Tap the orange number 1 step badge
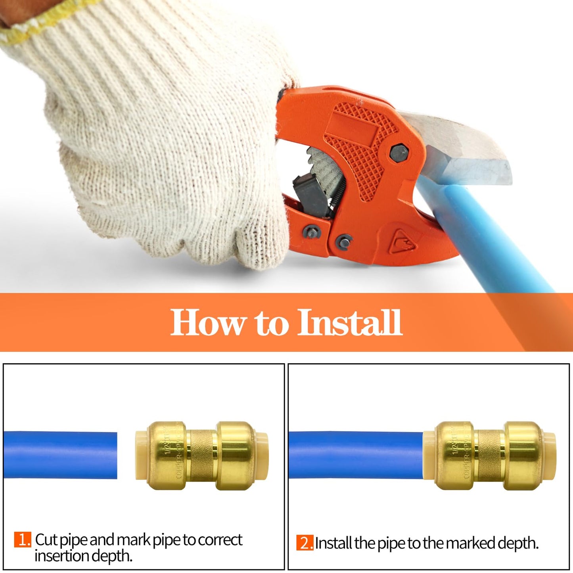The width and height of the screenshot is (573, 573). [x=23, y=540]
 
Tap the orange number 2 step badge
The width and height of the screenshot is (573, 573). [x=305, y=543]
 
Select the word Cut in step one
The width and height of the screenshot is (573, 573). [x=46, y=540]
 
